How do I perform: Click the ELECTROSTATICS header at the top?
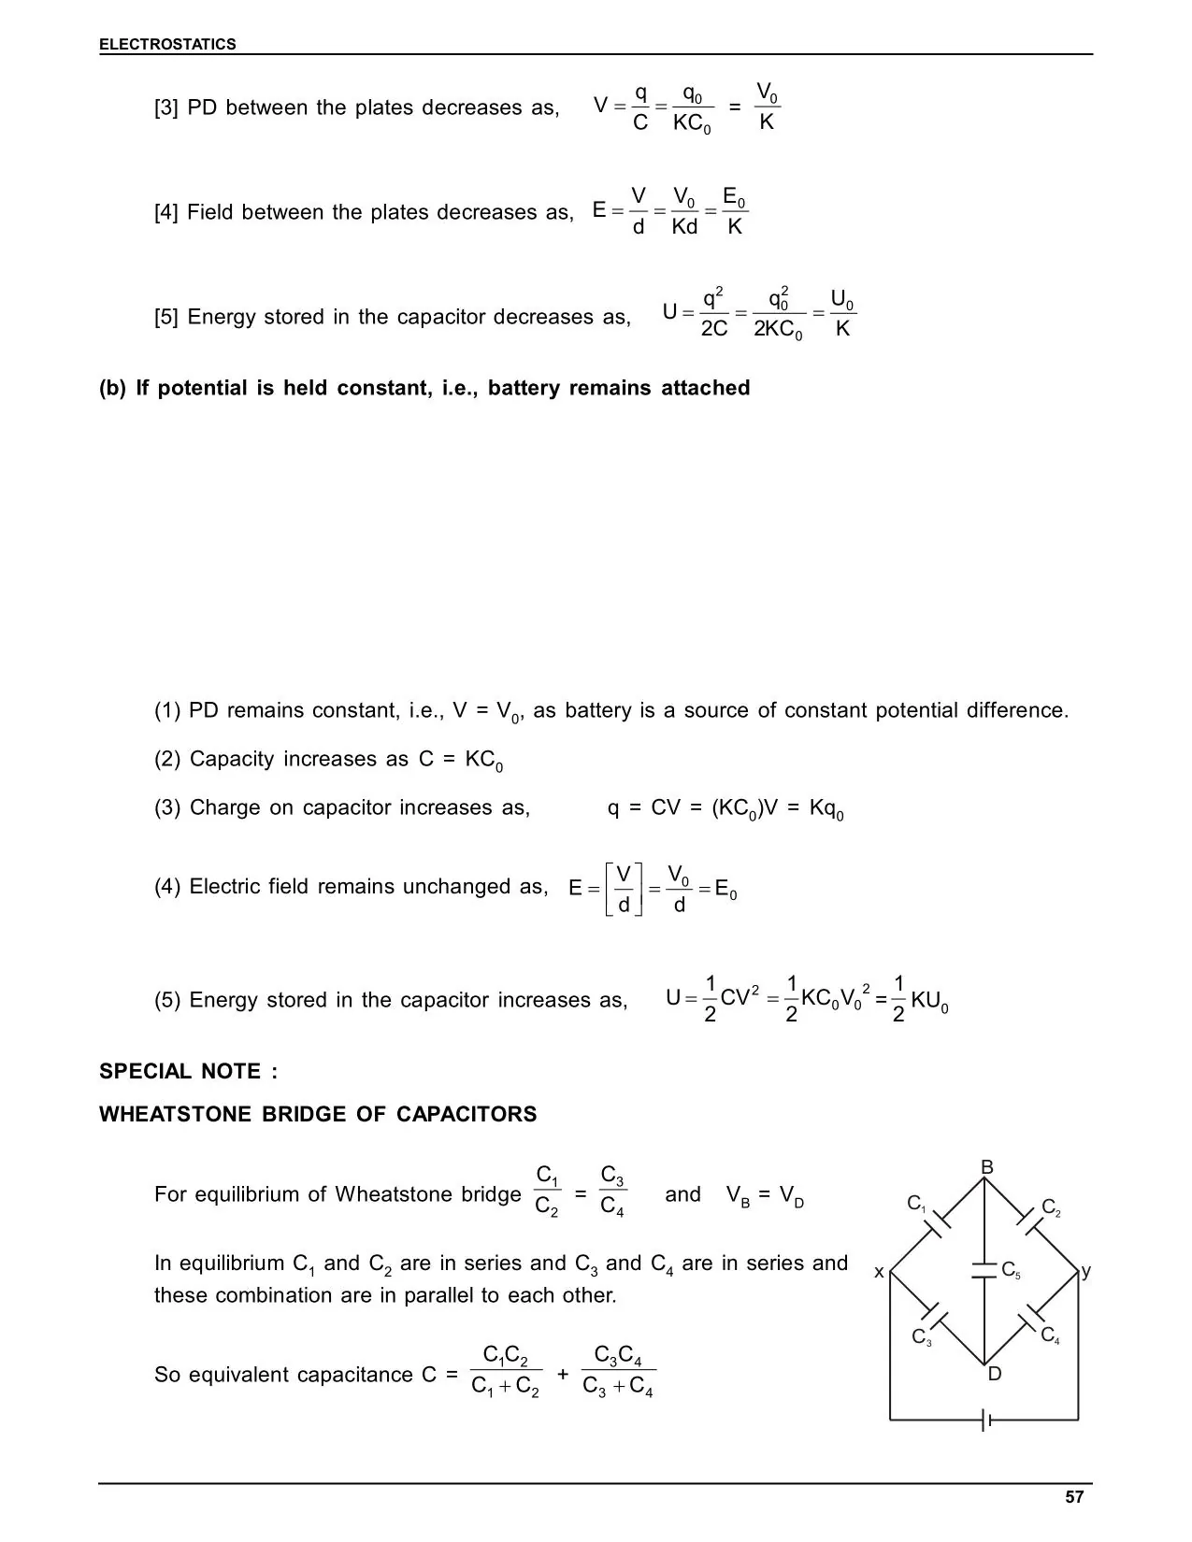[x=167, y=44]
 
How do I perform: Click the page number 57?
[x=1074, y=1497]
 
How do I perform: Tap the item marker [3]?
[x=165, y=108]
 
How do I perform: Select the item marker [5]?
[x=165, y=318]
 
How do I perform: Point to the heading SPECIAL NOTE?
[x=188, y=1071]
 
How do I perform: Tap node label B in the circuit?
[x=986, y=1167]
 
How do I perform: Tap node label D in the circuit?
[x=994, y=1374]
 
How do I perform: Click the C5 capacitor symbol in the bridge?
[x=984, y=1270]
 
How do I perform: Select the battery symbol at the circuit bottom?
[x=985, y=1421]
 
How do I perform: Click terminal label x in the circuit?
[x=879, y=1272]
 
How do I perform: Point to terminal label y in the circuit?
[x=1086, y=1271]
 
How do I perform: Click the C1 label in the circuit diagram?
[x=916, y=1204]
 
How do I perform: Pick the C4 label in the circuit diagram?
[x=1050, y=1335]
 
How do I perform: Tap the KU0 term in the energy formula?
[x=929, y=1001]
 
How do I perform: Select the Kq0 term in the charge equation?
[x=826, y=808]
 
